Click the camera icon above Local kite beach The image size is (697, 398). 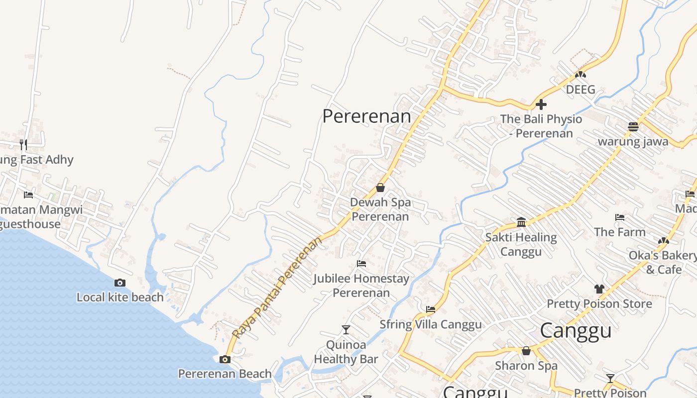pos(120,283)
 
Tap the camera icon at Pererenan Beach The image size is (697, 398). pos(225,359)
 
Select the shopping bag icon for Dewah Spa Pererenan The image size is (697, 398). pos(380,188)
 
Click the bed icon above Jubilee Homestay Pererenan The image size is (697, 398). pos(361,264)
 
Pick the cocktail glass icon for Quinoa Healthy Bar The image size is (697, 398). pos(346,329)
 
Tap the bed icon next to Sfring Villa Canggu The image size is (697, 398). pos(431,309)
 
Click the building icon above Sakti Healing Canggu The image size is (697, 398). pos(521,222)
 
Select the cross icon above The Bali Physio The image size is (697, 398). pos(541,104)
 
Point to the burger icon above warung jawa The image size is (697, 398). pos(633,126)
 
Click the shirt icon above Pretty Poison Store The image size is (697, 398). pos(599,289)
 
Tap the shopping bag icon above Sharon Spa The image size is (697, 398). pos(526,351)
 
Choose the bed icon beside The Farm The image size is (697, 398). pos(620,217)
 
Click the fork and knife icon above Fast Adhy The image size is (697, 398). pos(23,144)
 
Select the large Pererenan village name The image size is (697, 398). pos(367,116)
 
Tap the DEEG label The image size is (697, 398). pos(581,90)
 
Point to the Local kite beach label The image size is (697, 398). pos(120,298)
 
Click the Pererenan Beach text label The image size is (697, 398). pos(225,374)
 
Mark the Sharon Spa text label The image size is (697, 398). pos(526,366)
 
